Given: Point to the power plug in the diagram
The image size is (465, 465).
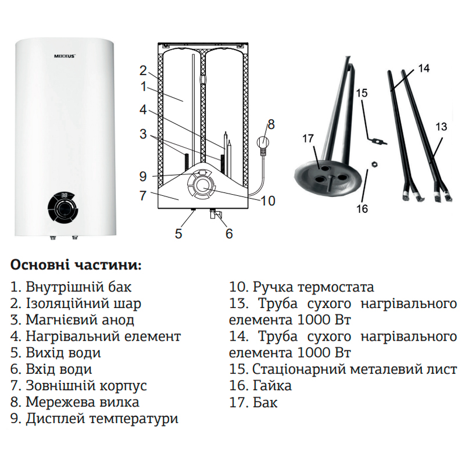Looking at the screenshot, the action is [x=263, y=143].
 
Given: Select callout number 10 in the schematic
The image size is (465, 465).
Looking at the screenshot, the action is [x=268, y=201].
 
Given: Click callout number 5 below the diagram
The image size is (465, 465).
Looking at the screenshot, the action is [x=178, y=233].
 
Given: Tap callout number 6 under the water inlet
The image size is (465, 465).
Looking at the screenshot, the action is [x=229, y=233].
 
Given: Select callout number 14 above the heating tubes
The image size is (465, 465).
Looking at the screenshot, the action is [x=424, y=68].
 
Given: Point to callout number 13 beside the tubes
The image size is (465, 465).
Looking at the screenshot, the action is [x=442, y=126].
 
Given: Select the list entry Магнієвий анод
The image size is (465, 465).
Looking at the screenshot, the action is [x=72, y=320].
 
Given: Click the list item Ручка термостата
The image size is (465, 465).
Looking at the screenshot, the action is [x=302, y=287].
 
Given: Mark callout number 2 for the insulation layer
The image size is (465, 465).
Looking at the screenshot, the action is [x=143, y=71].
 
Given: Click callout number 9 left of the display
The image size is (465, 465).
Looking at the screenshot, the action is [x=143, y=176].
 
